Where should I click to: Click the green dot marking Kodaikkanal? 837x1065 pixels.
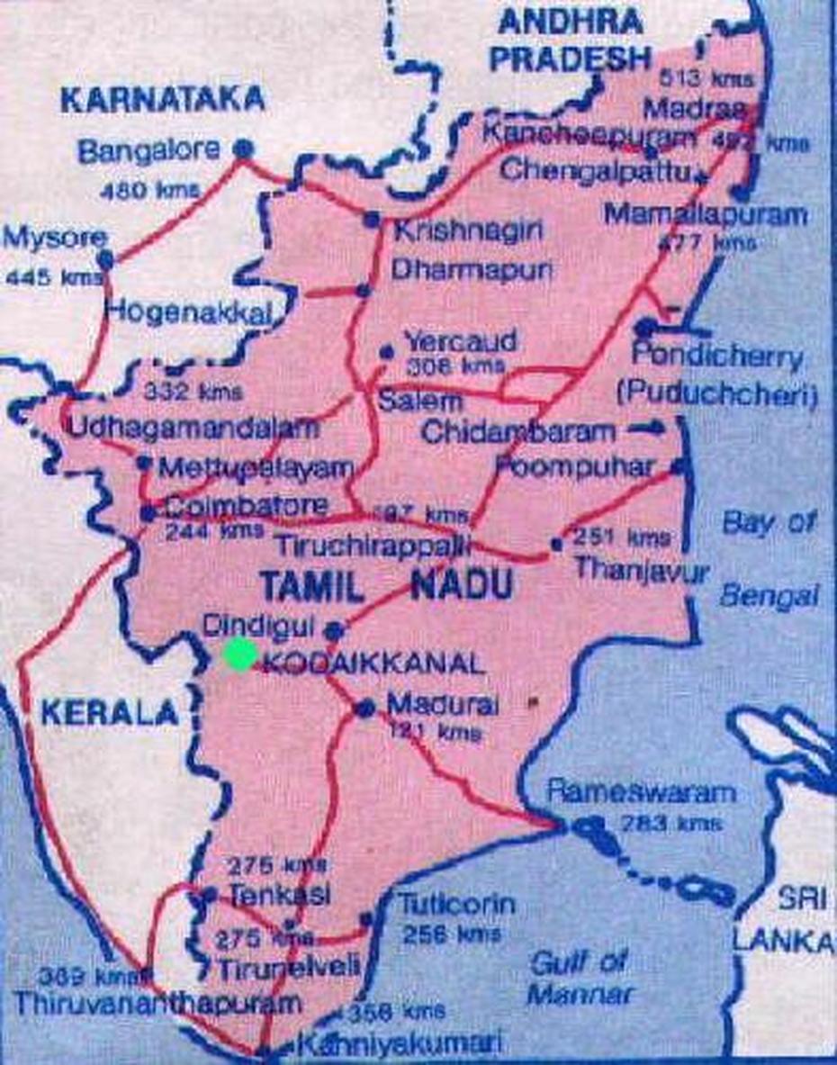[x=240, y=654]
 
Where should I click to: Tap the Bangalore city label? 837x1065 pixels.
[x=148, y=150]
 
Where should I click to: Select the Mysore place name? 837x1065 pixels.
[x=55, y=239]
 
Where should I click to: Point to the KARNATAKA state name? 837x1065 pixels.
[x=162, y=99]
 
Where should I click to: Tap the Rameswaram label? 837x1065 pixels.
[x=642, y=793]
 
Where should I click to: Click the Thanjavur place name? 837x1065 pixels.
[x=642, y=569]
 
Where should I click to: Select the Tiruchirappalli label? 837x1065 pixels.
[x=373, y=545]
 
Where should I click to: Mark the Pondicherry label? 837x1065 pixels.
[x=716, y=357]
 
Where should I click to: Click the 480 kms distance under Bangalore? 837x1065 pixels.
[x=138, y=190]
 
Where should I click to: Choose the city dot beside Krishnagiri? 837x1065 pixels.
[x=371, y=219]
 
